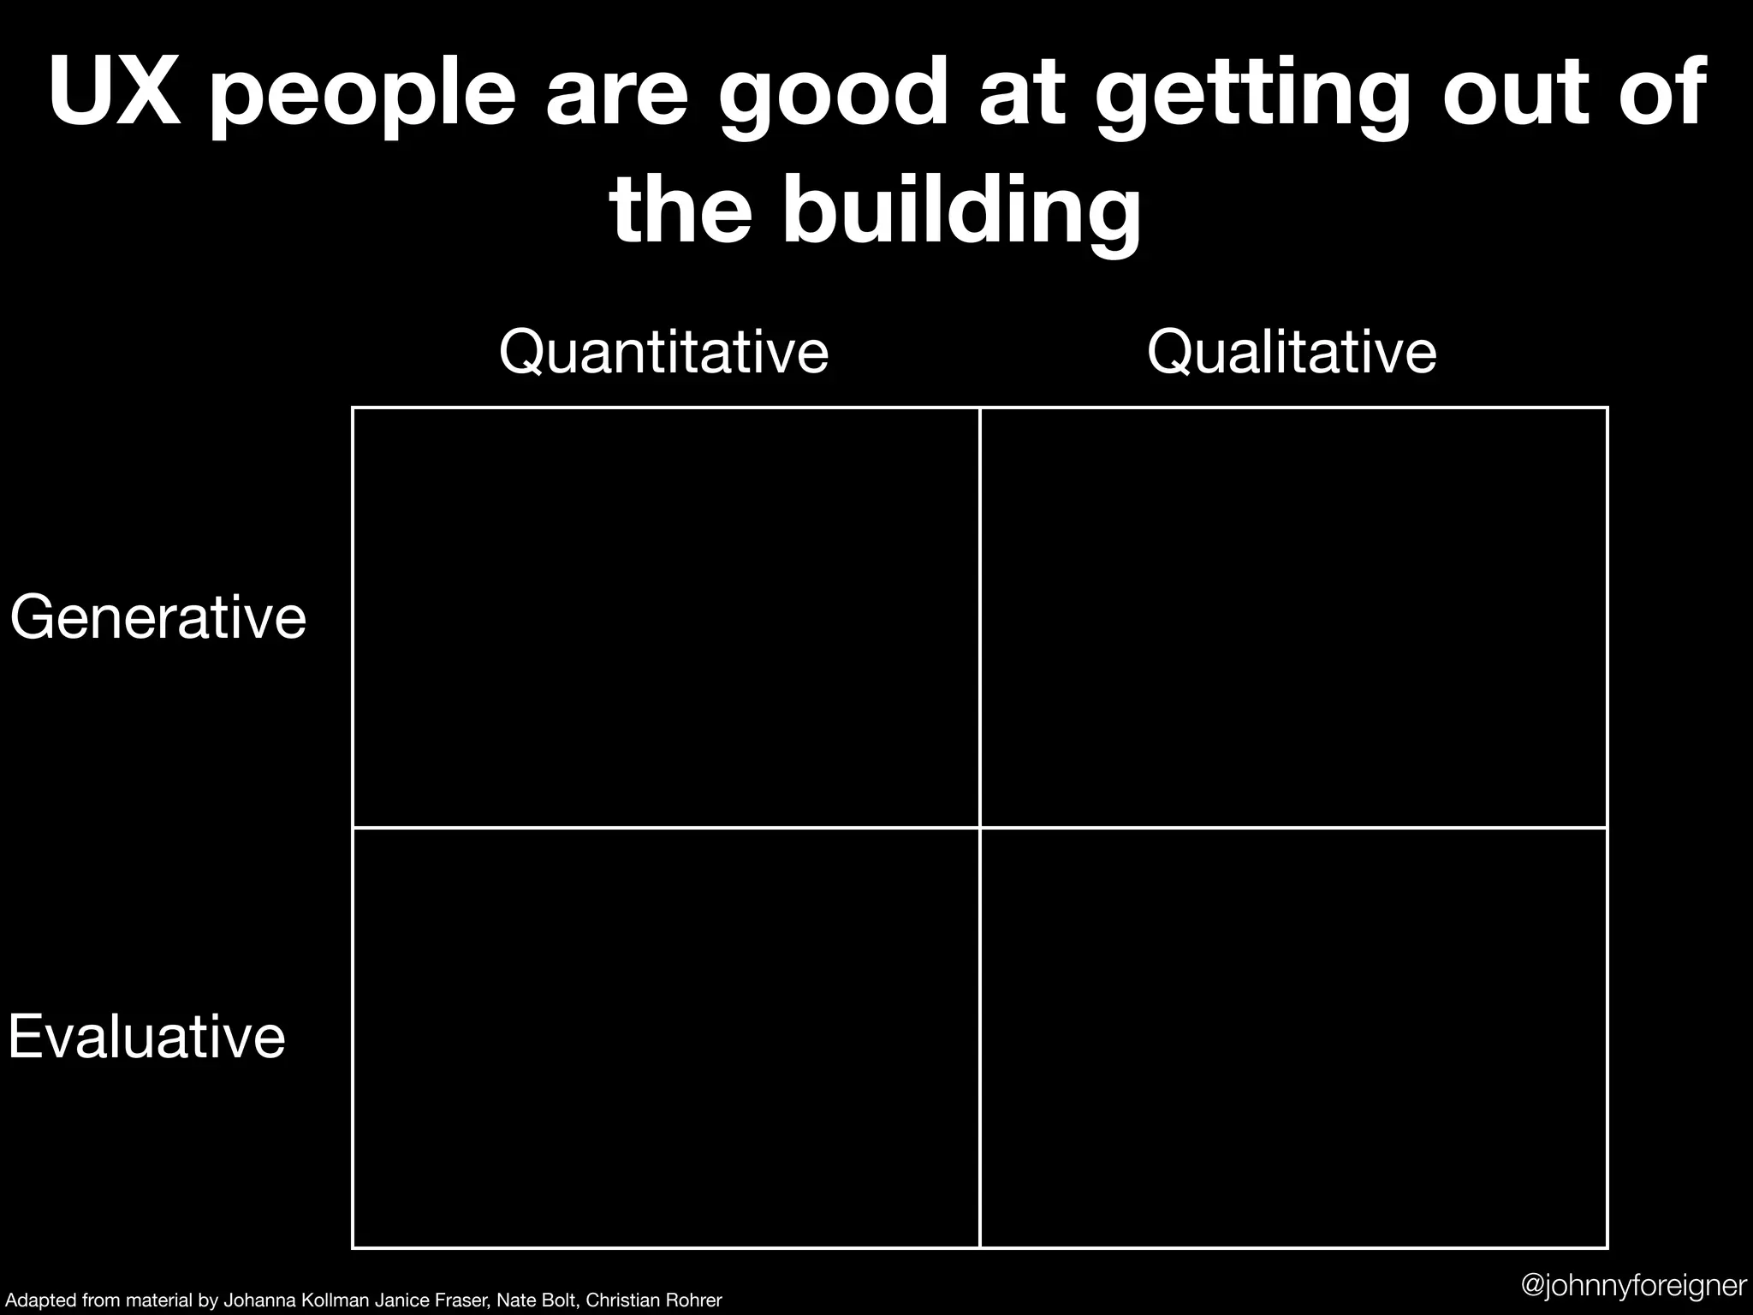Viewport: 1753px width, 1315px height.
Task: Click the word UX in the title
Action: click(115, 92)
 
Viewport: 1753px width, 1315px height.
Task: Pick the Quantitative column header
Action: click(663, 352)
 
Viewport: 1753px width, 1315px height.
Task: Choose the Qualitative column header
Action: click(1292, 352)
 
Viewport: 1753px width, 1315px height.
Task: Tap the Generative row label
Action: click(158, 617)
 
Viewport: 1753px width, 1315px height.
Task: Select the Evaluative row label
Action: click(146, 1037)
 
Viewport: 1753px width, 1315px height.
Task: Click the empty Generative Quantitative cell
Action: click(666, 617)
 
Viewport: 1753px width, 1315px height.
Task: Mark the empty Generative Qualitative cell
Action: click(1293, 617)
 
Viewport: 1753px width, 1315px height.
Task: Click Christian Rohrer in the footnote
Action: click(654, 1300)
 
